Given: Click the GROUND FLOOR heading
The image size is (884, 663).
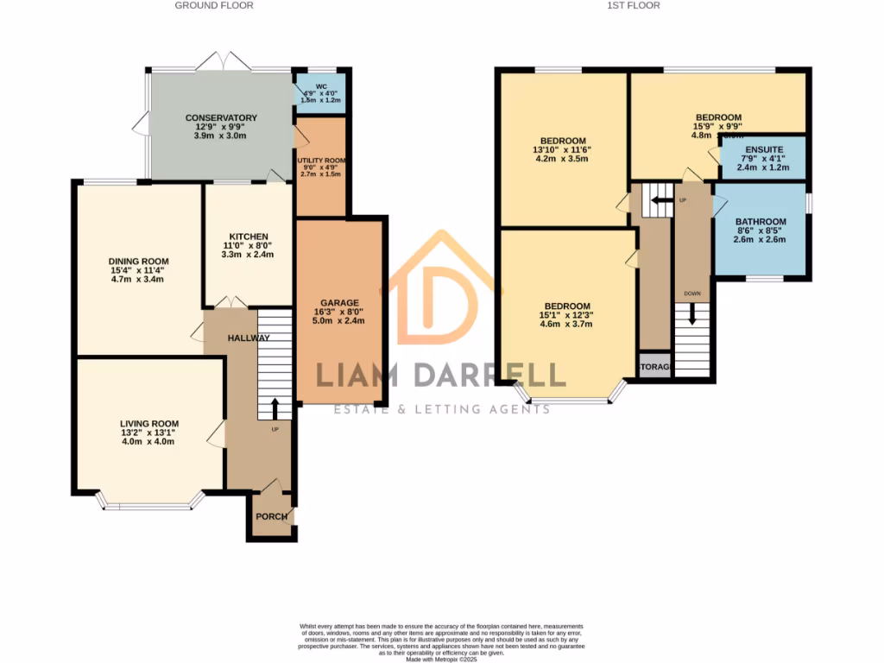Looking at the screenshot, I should (x=214, y=5).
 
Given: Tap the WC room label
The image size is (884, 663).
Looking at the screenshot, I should (x=321, y=87).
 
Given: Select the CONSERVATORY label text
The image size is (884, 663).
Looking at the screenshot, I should (x=221, y=118).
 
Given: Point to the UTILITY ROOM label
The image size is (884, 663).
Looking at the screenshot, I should (x=321, y=161).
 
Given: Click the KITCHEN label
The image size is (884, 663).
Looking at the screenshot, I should (x=249, y=237).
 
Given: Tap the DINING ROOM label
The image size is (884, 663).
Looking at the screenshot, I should (x=138, y=262).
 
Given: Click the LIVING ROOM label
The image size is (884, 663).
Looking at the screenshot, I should (x=149, y=424).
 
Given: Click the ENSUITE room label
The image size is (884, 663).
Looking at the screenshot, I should (x=761, y=148).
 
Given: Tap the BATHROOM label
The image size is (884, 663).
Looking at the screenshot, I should (x=761, y=222).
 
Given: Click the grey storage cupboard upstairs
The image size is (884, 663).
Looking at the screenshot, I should (x=654, y=367).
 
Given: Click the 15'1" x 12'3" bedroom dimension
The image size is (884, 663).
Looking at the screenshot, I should (x=567, y=315).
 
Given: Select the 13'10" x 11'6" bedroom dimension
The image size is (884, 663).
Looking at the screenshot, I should (x=564, y=149).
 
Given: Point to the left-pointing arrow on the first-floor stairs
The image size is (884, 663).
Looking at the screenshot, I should (x=659, y=200).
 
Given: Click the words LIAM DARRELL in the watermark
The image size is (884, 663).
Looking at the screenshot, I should (x=441, y=375).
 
